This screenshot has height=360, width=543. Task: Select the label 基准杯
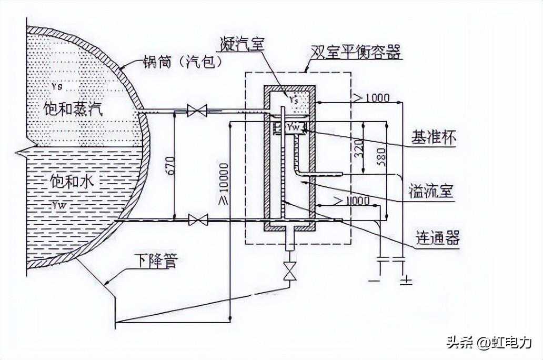tap(433, 138)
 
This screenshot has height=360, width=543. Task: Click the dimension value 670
tap(179, 164)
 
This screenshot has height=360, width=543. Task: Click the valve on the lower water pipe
tap(198, 219)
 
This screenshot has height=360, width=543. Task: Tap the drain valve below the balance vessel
tap(288, 273)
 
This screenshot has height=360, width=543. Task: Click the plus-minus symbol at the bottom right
tap(406, 281)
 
